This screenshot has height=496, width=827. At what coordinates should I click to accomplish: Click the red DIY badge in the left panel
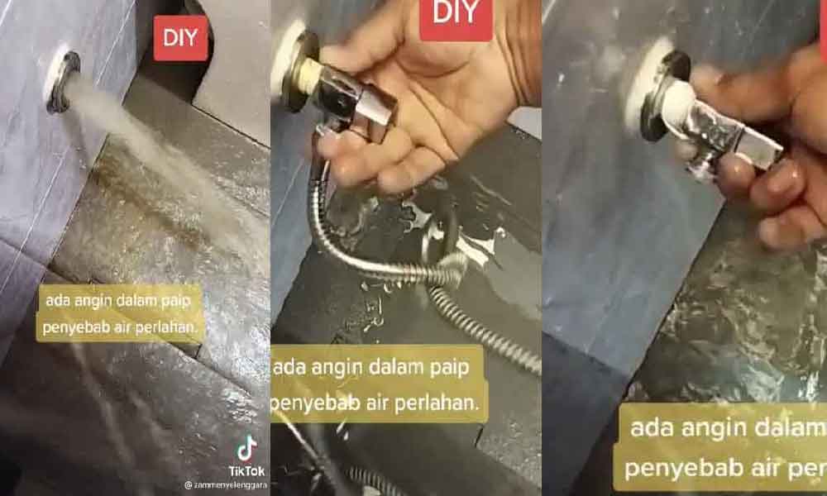click(180, 38)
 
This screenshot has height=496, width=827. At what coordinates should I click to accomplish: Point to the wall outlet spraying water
click(64, 81)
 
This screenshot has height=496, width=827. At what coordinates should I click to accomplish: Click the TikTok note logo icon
click(246, 449)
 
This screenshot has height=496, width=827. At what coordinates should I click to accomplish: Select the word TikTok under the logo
click(246, 470)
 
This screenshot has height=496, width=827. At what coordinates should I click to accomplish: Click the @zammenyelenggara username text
click(225, 485)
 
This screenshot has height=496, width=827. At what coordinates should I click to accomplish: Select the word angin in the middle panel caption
click(340, 368)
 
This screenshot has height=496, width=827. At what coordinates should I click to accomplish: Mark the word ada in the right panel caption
click(651, 428)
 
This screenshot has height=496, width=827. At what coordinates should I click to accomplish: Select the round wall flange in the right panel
click(662, 95)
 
